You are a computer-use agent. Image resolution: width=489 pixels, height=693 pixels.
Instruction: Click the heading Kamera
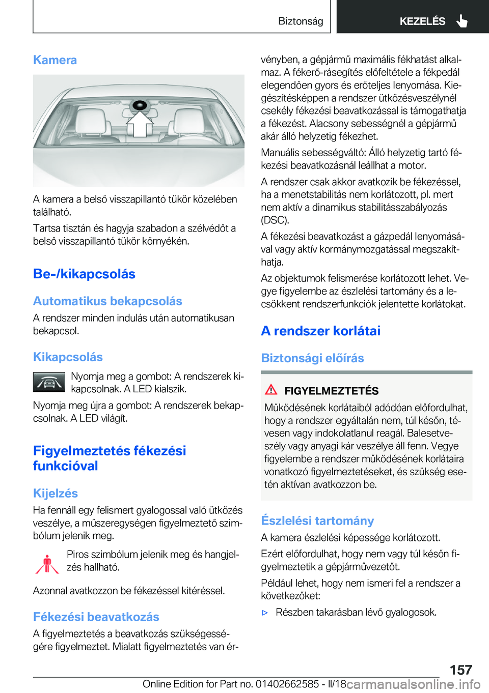click(x=55, y=60)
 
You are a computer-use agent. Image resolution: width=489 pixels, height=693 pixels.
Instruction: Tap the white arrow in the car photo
click(x=140, y=124)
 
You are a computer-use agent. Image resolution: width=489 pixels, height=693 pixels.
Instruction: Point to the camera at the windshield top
click(x=139, y=105)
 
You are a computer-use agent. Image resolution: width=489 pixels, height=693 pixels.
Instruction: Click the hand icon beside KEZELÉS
click(x=461, y=21)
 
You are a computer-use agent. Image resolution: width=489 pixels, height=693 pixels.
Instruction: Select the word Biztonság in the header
click(x=301, y=21)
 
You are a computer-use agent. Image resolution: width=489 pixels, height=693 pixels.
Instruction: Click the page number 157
click(x=460, y=670)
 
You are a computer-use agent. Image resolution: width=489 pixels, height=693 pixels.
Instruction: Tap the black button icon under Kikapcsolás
click(x=49, y=382)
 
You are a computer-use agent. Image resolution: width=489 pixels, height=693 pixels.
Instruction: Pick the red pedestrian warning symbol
click(x=47, y=564)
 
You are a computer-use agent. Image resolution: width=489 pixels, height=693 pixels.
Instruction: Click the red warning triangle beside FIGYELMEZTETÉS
click(x=271, y=390)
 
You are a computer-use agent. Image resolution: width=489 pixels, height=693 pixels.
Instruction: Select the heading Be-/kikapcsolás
click(x=84, y=274)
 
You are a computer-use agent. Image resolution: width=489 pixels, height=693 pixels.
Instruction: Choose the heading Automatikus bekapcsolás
click(x=107, y=301)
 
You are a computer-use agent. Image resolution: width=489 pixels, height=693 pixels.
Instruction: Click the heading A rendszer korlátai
click(x=320, y=331)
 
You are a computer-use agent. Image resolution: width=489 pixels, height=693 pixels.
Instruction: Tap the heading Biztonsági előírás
click(x=312, y=358)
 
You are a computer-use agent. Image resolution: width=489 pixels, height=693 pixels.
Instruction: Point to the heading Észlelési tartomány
click(x=317, y=521)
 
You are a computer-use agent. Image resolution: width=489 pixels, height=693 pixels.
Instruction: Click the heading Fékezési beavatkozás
click(x=96, y=617)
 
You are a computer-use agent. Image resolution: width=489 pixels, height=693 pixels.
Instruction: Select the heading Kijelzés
click(x=56, y=493)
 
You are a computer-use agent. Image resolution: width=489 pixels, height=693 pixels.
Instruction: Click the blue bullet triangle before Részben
click(x=265, y=613)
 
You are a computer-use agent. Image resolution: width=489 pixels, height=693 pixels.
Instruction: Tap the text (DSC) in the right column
click(x=275, y=220)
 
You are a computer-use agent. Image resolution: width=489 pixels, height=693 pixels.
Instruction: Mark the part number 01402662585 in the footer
click(x=287, y=684)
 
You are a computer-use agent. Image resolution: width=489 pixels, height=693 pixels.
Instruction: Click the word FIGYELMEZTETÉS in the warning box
click(x=331, y=391)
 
